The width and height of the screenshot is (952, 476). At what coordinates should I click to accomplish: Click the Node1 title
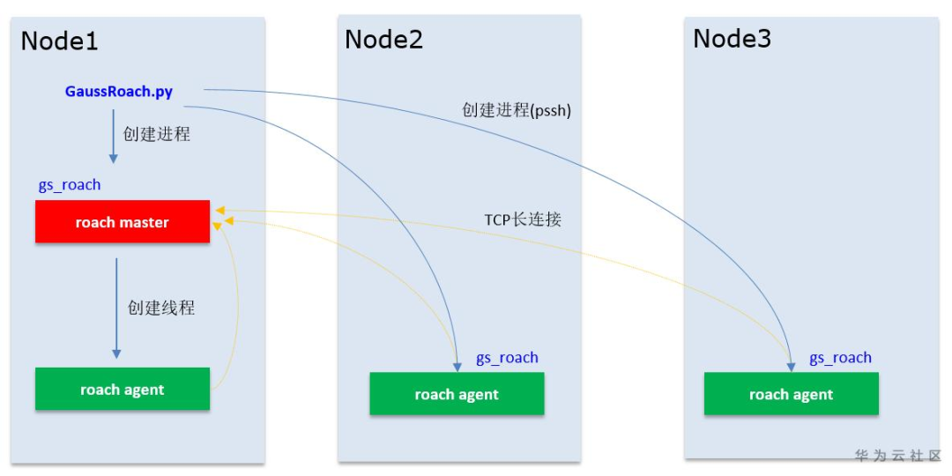tap(59, 41)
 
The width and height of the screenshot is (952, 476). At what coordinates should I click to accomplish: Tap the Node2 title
tap(383, 40)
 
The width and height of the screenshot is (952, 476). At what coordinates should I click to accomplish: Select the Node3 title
tap(732, 39)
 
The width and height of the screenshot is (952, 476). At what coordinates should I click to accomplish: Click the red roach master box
tap(122, 222)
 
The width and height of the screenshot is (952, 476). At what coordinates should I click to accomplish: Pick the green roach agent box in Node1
tap(122, 390)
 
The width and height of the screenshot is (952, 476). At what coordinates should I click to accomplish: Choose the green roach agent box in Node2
tap(456, 394)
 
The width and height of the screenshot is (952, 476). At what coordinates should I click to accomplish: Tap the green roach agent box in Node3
tap(791, 394)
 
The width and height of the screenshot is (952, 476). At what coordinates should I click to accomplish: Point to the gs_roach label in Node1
tap(70, 185)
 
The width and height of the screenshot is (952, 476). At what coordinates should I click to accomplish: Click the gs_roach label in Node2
tap(507, 357)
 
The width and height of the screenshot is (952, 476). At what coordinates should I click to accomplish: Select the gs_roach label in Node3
tap(840, 357)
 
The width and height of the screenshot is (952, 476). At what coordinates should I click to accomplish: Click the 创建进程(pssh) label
tap(517, 111)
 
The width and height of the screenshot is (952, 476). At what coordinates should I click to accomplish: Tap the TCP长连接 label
tap(523, 219)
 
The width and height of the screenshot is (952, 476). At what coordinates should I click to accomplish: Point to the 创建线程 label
tap(160, 308)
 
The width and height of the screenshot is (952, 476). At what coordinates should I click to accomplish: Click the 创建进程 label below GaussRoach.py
tap(156, 134)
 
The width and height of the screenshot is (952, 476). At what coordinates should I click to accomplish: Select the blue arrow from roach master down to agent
tap(116, 309)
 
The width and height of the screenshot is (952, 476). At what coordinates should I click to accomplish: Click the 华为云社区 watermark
tap(897, 456)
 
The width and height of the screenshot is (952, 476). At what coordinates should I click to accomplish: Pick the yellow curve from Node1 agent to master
tap(235, 309)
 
